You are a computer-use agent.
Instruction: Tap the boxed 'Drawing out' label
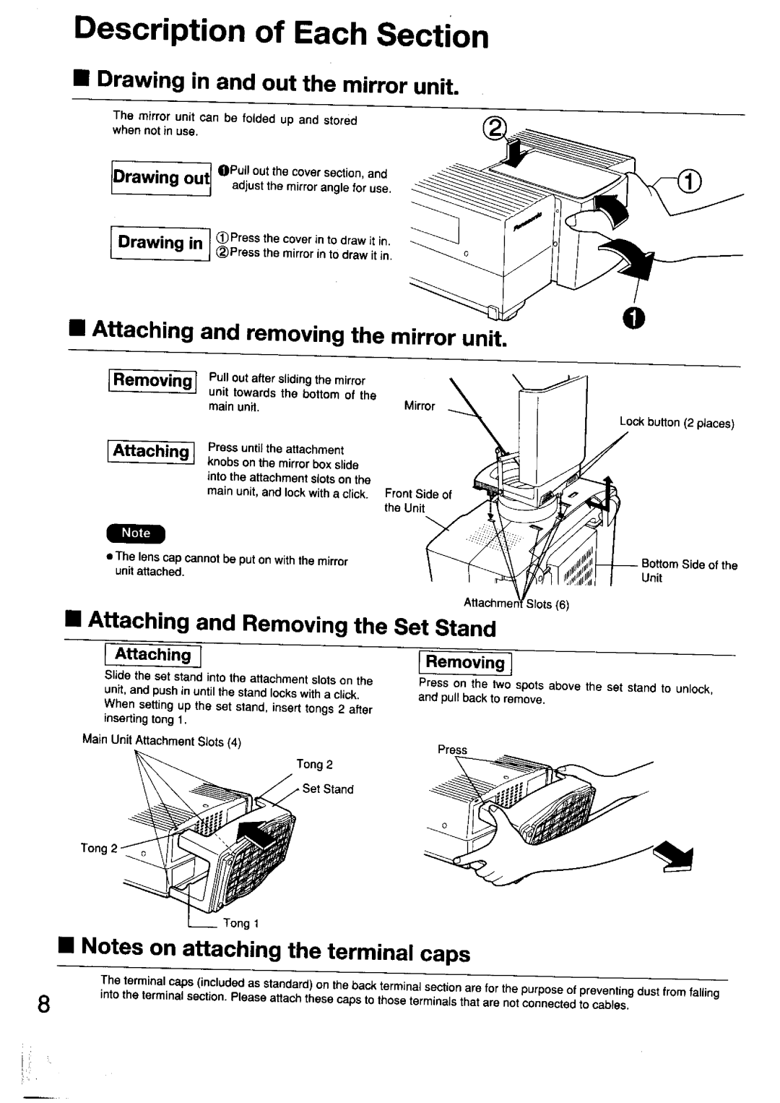coord(160,178)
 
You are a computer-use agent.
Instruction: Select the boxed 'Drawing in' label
coord(160,243)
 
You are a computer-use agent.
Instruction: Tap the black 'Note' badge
coord(136,533)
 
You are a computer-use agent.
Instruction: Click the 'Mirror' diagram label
coord(419,406)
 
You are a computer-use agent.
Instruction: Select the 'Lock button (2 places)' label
coord(677,423)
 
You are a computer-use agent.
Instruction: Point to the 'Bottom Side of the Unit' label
coord(689,571)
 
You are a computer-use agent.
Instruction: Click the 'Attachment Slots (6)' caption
coord(516,604)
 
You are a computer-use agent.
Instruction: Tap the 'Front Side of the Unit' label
coord(417,501)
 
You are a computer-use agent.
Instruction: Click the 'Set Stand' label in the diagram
coord(327,789)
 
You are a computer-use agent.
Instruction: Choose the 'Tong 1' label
coord(236,923)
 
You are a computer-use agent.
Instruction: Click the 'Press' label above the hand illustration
coord(453,750)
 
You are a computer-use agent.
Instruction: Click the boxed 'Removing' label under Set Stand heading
coord(464,662)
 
